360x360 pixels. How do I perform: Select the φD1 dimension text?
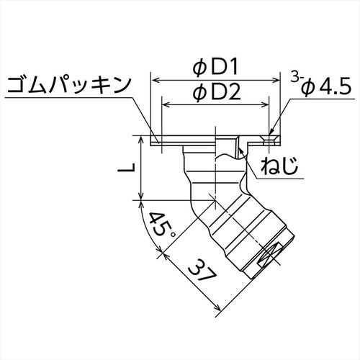pos(216,67)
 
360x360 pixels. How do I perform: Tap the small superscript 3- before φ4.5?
pos(295,77)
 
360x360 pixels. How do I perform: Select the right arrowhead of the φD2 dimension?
pos(268,104)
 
